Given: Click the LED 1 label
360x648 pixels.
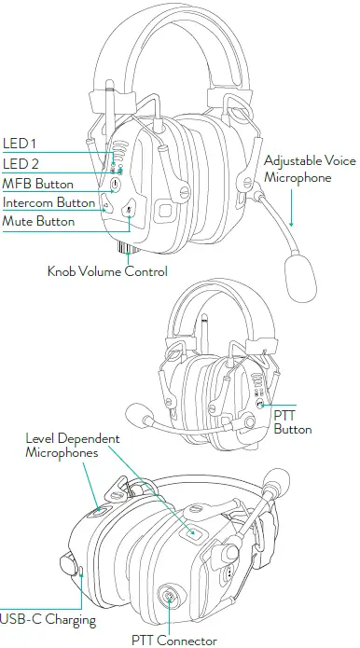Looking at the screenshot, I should click(x=19, y=143).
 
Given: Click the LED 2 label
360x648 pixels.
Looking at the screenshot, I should click(x=20, y=164).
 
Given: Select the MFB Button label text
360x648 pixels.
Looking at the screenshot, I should click(x=38, y=184).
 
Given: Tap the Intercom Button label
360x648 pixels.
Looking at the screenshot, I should click(x=48, y=202).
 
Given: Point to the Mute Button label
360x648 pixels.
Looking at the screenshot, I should click(x=38, y=222).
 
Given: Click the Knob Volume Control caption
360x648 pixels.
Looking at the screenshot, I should click(x=107, y=271).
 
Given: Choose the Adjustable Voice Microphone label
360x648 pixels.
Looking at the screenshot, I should click(x=310, y=169).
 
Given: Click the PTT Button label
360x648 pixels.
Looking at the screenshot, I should click(x=293, y=422).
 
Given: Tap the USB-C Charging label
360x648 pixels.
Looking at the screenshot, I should click(x=47, y=619).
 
